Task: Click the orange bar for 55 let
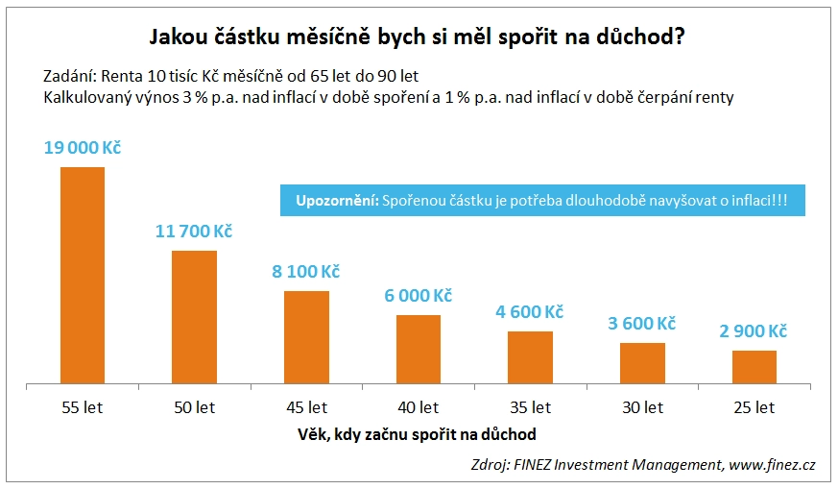coord(83,276)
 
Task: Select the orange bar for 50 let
coord(194,317)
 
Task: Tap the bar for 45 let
coord(306,337)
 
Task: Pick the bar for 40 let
coord(418,349)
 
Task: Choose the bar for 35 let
coord(530,357)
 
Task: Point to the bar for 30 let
coord(642,363)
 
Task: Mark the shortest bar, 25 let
coord(754,367)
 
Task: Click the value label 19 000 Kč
coord(83,149)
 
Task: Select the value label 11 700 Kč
coord(194,232)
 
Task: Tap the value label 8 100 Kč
coord(306,272)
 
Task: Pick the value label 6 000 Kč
coord(418,296)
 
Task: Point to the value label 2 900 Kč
coord(754,331)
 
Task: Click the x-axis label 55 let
coord(83,407)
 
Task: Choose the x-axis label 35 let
coord(530,407)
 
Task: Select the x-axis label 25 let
coord(754,407)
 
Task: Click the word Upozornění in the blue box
coord(334,201)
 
